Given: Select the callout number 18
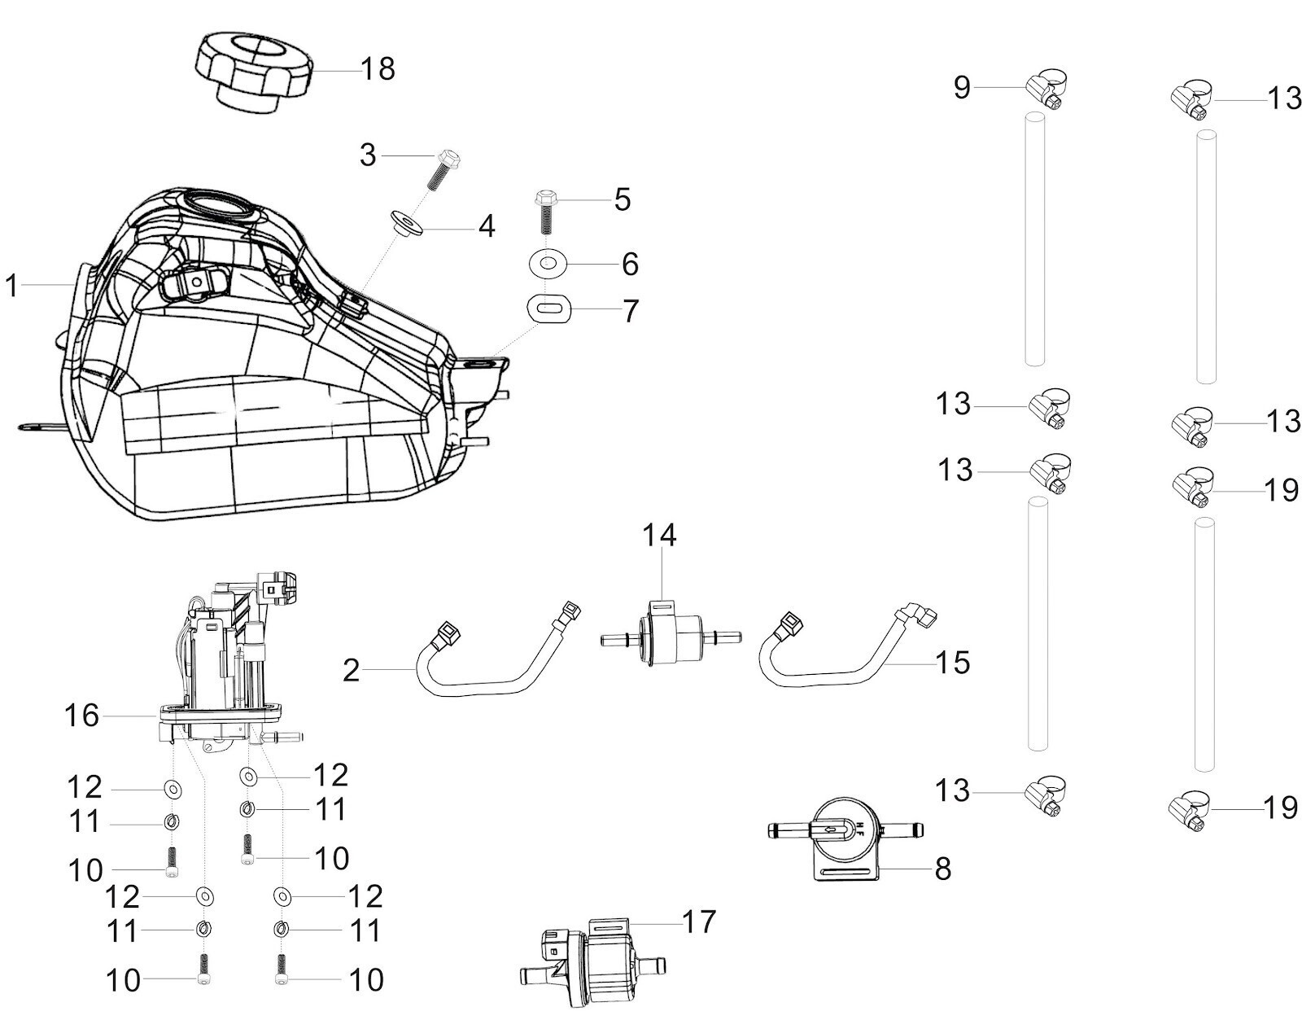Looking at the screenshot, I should (378, 69).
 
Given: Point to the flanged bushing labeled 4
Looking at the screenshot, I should (405, 222).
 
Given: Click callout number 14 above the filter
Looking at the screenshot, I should (659, 536).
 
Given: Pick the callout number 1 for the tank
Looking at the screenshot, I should (11, 286).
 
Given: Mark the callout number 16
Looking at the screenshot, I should (81, 716).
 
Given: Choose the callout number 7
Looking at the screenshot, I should (630, 311).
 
